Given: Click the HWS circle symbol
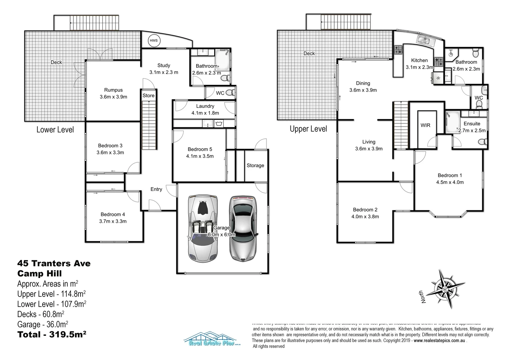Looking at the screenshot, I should [x=154, y=41].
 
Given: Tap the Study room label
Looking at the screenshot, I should [x=164, y=66].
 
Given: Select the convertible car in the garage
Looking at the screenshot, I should [x=203, y=228].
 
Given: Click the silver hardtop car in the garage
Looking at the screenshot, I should [x=243, y=228].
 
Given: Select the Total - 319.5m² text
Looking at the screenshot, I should [x=52, y=334].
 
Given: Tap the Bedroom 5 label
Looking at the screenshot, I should [x=200, y=149].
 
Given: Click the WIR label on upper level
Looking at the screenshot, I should [x=425, y=125].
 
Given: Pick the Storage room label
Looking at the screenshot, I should [x=255, y=165].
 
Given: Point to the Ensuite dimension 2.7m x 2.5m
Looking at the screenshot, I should [x=472, y=131].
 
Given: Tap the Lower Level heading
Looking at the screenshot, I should [x=55, y=130].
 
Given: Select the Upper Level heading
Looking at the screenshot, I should [x=308, y=129].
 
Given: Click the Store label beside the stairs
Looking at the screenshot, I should [x=149, y=95].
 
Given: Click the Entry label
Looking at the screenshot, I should [x=156, y=189].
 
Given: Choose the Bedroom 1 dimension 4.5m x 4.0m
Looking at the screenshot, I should [x=450, y=182].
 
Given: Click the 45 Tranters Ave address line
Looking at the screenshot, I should [x=54, y=263].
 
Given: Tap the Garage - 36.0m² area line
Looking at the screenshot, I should [x=43, y=324].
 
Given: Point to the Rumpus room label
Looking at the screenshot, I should [x=113, y=90].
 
